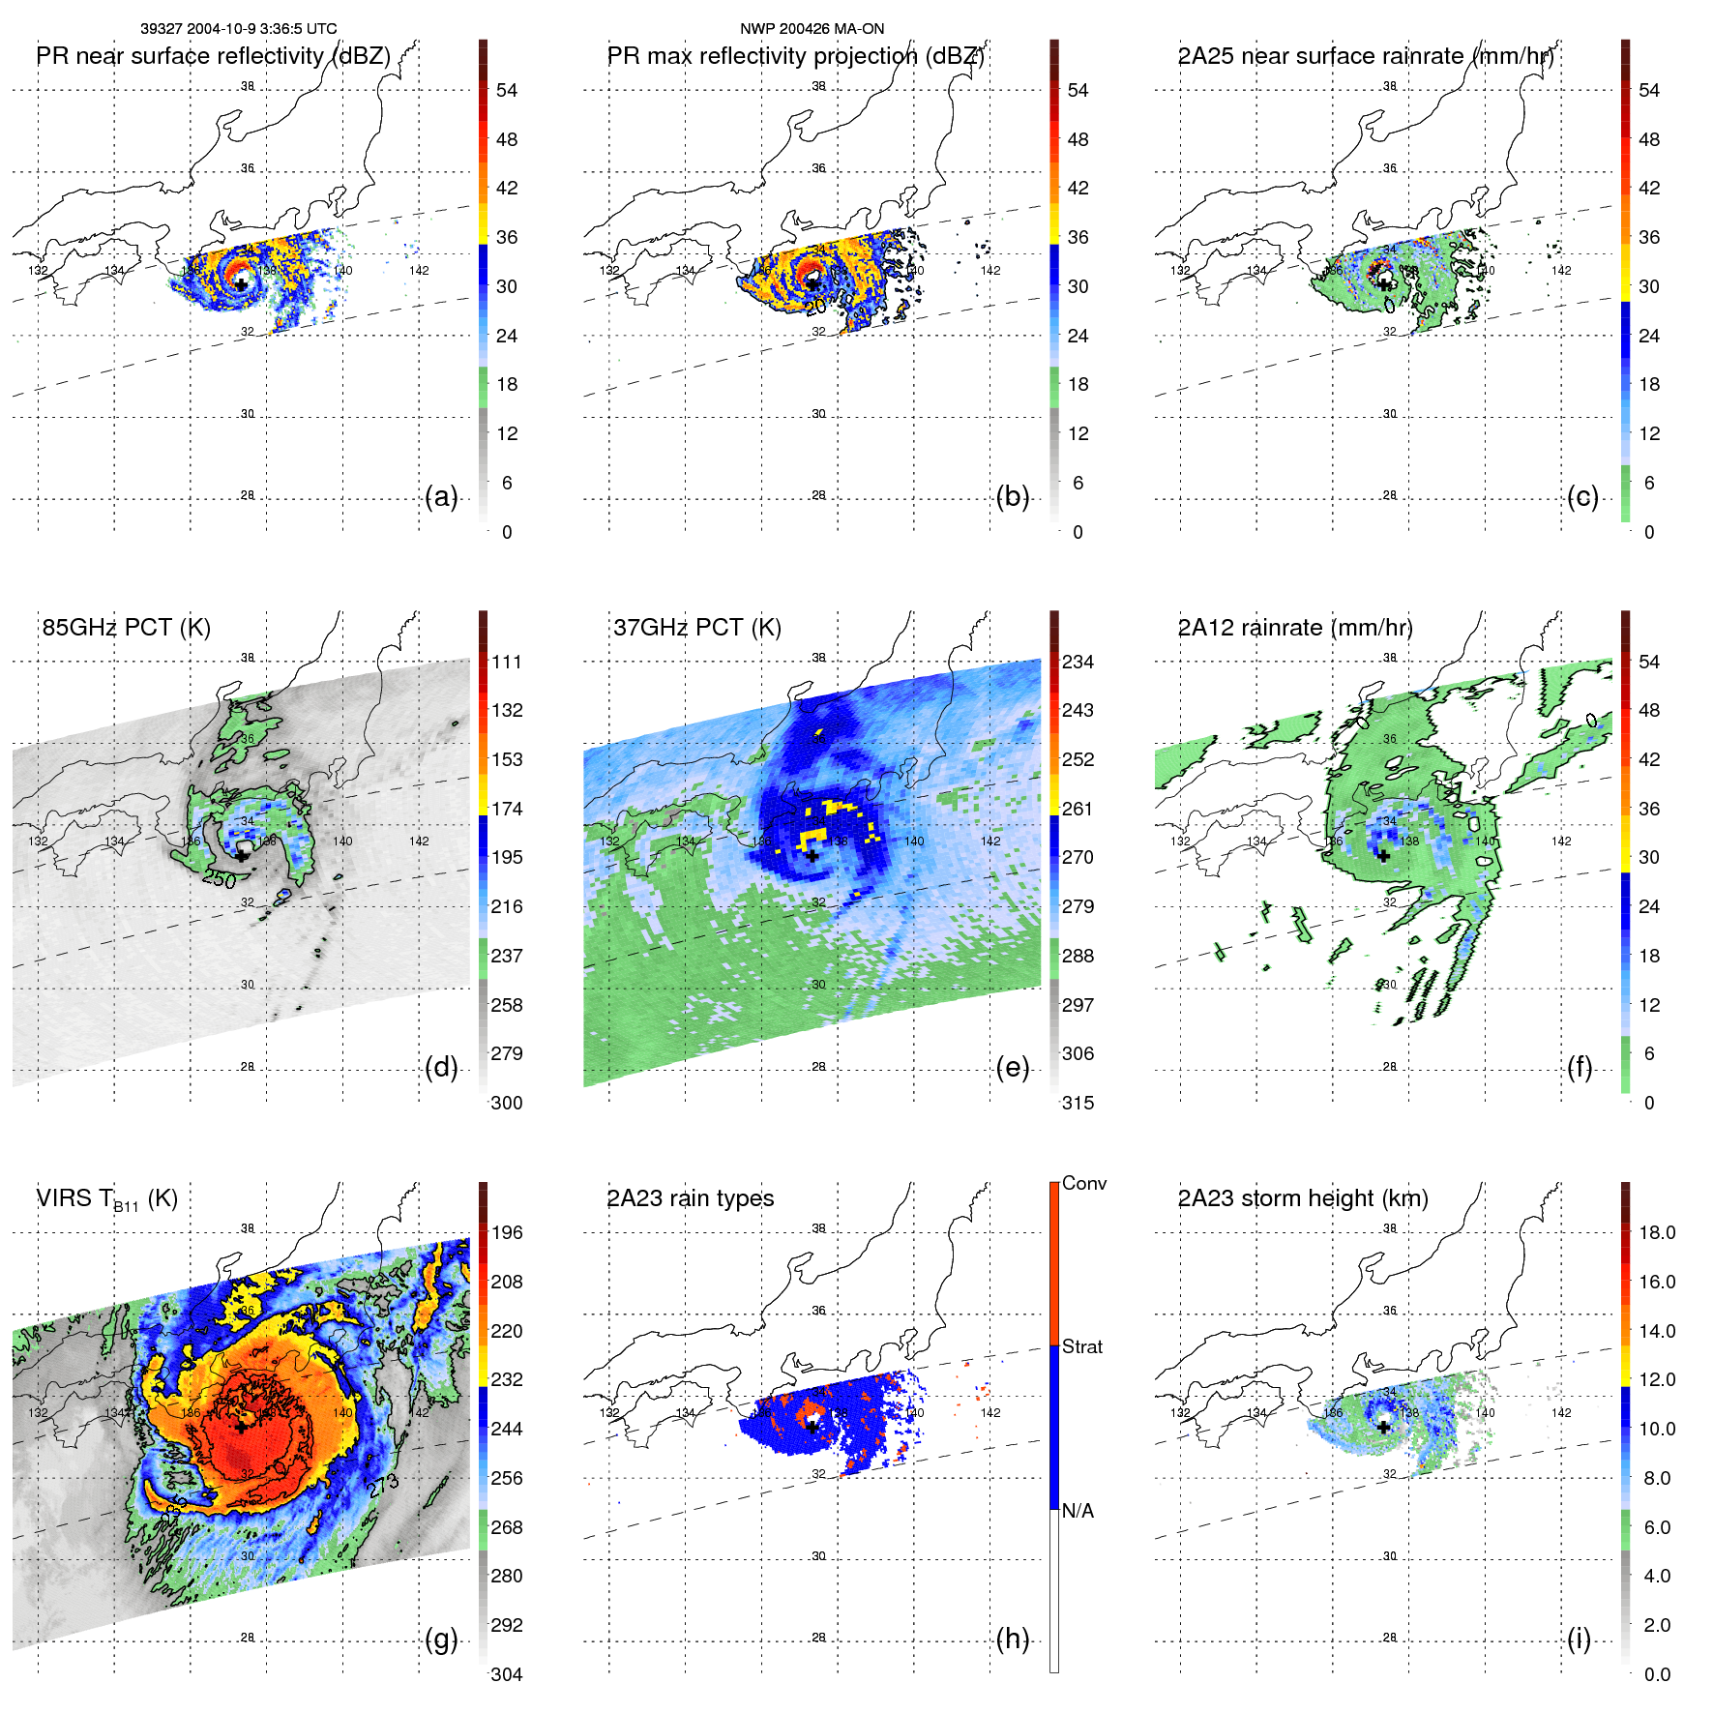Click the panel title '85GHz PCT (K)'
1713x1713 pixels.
(126, 628)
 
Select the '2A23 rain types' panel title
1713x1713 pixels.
(690, 1198)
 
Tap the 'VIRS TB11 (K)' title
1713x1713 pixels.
(106, 1199)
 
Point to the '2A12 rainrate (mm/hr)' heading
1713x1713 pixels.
(1294, 628)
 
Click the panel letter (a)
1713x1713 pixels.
(441, 497)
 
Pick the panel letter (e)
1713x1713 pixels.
(1012, 1068)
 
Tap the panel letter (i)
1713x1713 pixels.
(1579, 1639)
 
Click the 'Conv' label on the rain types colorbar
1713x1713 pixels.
(1083, 1184)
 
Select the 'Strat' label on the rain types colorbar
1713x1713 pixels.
(1081, 1346)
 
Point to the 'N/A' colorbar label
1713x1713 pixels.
(1078, 1511)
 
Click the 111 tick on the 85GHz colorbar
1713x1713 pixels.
(506, 663)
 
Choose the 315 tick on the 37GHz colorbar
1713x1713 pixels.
(1078, 1104)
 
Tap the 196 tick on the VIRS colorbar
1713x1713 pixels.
(506, 1233)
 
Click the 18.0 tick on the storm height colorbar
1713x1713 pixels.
(1656, 1233)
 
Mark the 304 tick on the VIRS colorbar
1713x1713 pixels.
(506, 1674)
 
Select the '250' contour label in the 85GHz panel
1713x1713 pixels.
(219, 878)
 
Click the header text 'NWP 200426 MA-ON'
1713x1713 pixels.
(812, 29)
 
